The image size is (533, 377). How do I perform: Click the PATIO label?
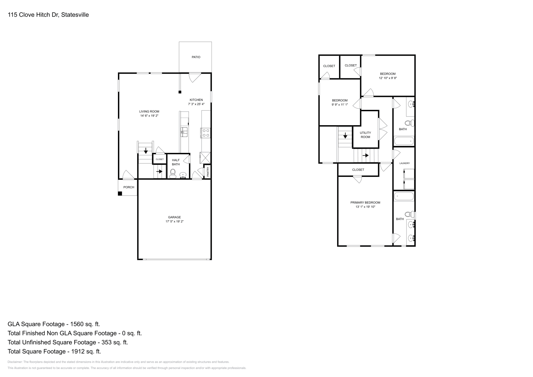point(196,57)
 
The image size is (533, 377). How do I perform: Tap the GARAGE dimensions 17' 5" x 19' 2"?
point(174,221)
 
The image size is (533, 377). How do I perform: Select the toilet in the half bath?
point(173,173)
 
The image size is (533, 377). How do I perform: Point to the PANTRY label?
point(208,172)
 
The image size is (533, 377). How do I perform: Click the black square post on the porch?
point(120,193)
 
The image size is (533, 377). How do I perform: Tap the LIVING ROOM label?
point(149,112)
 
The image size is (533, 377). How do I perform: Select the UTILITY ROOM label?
point(365,135)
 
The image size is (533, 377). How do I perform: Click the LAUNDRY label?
point(404,163)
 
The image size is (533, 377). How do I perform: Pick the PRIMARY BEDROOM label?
point(365,202)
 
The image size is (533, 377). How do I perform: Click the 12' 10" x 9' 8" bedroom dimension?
point(388,78)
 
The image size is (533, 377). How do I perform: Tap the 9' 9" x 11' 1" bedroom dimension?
point(339,105)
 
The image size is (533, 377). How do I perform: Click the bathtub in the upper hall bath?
point(404,141)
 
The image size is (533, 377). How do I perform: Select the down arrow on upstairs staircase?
point(345,136)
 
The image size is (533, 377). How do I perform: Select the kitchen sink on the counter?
point(184,132)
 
